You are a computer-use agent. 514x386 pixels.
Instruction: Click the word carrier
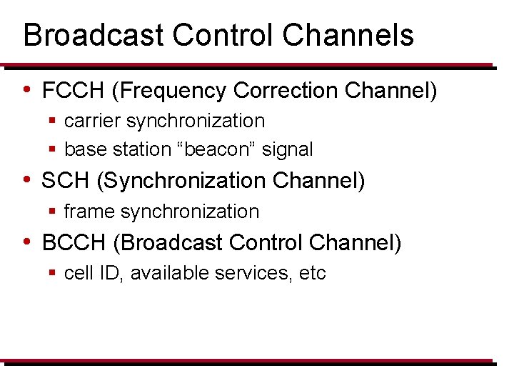[92, 122]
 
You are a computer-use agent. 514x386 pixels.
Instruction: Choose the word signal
[288, 149]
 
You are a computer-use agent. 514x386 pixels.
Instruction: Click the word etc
[313, 273]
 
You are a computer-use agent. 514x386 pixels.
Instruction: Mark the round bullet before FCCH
[26, 90]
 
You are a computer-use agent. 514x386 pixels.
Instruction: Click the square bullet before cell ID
[53, 273]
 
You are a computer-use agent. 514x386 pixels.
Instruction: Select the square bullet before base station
[53, 149]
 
